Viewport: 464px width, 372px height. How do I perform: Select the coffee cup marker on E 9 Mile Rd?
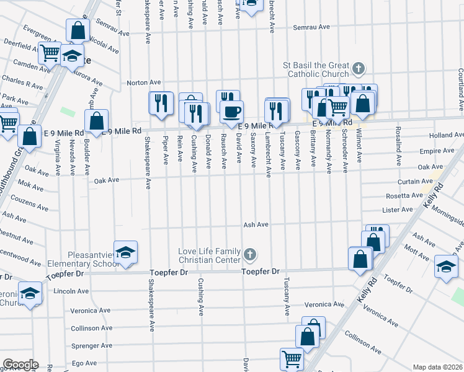tap(232, 112)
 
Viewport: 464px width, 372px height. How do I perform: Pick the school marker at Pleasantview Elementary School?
tap(126, 252)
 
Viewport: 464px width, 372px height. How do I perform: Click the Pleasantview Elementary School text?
tap(83, 258)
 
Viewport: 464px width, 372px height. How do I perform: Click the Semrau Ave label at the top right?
tap(310, 27)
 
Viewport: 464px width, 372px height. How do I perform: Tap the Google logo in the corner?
tap(20, 365)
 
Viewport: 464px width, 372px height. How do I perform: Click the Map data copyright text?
tap(438, 367)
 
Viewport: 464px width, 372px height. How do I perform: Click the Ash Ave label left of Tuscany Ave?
tap(256, 225)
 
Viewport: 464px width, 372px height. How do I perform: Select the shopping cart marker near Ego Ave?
tap(292, 358)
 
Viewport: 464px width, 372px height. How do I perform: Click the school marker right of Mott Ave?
tap(446, 266)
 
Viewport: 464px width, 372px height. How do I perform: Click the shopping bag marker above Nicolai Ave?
tap(78, 29)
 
